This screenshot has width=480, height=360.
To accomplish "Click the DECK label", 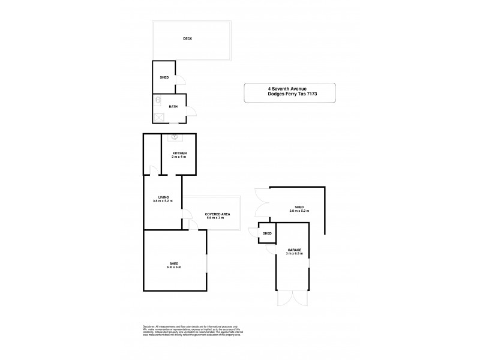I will (187, 39).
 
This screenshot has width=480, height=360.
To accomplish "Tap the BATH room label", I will (173, 107).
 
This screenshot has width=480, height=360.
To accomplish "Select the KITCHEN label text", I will (180, 154).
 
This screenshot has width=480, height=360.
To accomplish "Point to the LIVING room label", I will (163, 197).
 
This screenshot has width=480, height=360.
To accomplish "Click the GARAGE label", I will (294, 249).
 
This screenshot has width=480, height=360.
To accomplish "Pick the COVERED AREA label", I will (217, 214).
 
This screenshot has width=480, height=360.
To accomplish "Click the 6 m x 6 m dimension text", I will (175, 268).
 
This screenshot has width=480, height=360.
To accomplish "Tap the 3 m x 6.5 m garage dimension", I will (294, 253).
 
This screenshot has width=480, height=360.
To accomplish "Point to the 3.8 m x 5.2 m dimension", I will (163, 201).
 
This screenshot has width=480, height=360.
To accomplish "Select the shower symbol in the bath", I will (158, 118).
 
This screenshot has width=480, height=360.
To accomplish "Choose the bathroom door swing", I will (191, 111).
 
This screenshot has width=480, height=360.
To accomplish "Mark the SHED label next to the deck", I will (164, 78).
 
